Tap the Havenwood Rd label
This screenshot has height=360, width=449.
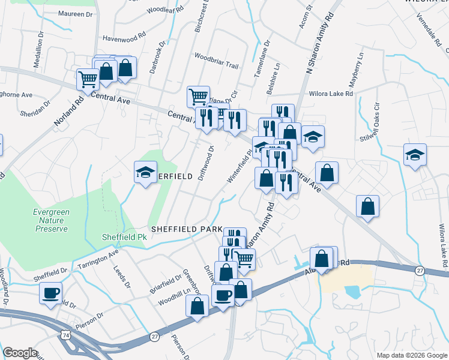pos(124,37)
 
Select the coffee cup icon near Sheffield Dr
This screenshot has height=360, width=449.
pos(51,294)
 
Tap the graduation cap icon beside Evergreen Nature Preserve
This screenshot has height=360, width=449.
pos(145,172)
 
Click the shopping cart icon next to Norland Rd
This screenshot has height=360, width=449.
pos(88,78)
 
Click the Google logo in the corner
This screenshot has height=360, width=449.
pos(20,353)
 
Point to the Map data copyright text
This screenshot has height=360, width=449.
pos(411,355)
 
